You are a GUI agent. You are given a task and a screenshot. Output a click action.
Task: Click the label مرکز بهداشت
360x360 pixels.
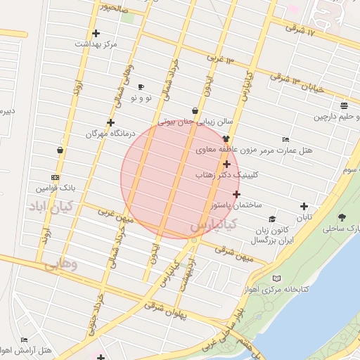click(x=97, y=44)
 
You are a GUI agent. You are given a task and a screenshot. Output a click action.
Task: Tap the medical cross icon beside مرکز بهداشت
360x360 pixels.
click(x=96, y=33)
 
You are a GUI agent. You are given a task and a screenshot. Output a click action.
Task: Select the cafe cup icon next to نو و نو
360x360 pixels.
click(x=141, y=87)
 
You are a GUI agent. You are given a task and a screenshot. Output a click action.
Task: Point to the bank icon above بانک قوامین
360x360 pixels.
click(x=56, y=177)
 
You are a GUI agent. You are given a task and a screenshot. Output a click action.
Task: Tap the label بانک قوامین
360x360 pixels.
click(x=56, y=188)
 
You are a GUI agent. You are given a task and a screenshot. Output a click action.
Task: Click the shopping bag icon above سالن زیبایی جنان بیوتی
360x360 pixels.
click(x=195, y=110)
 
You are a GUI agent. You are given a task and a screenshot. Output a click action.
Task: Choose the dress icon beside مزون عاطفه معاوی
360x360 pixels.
click(x=226, y=139)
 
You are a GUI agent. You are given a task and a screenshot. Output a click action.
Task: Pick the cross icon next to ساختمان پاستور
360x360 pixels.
click(x=236, y=194)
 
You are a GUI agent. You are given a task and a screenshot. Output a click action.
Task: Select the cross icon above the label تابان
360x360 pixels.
click(x=304, y=207)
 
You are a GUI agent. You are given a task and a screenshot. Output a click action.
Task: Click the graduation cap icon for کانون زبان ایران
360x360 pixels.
click(x=272, y=219)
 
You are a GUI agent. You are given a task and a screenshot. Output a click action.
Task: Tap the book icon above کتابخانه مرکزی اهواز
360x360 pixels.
click(x=276, y=279)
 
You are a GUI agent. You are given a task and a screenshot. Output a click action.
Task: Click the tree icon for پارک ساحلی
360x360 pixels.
click(x=342, y=218)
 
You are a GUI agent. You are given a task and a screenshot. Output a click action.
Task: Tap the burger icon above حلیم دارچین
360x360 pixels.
click(x=343, y=105)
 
